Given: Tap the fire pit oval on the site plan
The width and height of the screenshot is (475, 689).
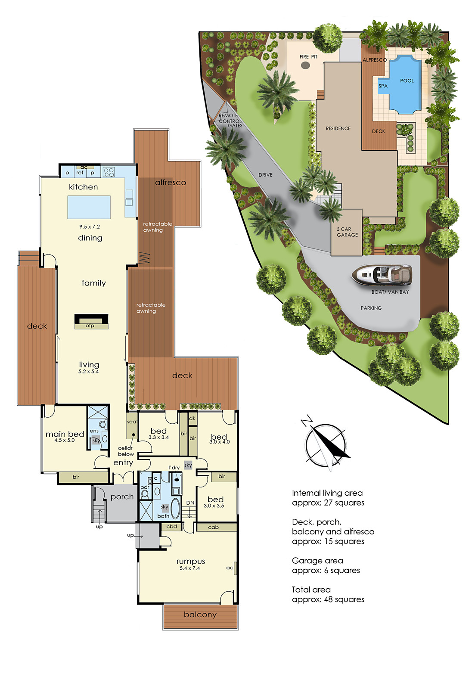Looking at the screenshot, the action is [305, 65].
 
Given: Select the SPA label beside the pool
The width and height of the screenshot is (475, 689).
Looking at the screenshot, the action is [383, 86].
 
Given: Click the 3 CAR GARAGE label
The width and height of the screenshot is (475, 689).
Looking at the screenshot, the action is [347, 232].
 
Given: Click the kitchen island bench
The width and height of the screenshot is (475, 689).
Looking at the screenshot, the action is [89, 207].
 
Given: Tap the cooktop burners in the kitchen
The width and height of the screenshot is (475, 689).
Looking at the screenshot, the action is [109, 172].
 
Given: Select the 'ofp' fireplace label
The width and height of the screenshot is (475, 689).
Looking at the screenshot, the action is [90, 326].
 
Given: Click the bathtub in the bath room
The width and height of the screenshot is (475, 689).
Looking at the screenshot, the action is [175, 508].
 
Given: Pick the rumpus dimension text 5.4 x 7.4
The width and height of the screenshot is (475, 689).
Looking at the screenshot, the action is [189, 568].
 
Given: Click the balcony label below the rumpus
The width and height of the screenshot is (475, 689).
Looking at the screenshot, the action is [200, 615].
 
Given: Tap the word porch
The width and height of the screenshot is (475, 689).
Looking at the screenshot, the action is [122, 497].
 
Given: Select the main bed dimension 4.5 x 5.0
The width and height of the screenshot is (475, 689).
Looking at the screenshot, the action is [64, 440].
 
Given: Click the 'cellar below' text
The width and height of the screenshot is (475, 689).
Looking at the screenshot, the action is [126, 451].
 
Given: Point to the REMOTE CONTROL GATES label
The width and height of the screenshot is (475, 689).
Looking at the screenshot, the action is [230, 120].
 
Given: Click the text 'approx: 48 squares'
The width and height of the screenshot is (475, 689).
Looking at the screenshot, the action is [328, 599].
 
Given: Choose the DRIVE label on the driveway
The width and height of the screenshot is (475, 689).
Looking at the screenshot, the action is [265, 175].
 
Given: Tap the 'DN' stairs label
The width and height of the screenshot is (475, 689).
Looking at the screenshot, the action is [190, 503].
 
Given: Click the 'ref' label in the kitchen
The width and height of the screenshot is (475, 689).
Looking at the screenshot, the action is [80, 173].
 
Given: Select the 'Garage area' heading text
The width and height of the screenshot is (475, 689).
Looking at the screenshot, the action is [317, 561].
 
